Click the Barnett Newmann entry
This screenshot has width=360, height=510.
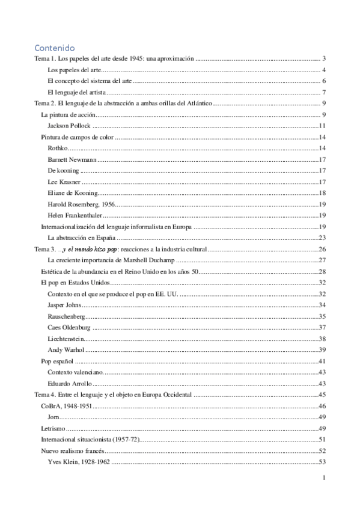[72, 159]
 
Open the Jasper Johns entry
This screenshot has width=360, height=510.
[66, 306]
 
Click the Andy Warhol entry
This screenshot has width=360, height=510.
[66, 350]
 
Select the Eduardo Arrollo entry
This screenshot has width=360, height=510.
[70, 384]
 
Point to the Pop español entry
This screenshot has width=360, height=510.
[56, 361]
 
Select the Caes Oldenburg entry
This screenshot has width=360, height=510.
[69, 328]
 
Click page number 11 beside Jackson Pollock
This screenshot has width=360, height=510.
[322, 126]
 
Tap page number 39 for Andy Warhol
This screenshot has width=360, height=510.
[322, 350]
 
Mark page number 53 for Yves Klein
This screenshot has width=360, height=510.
[322, 462]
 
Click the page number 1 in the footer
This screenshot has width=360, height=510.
[323, 478]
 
